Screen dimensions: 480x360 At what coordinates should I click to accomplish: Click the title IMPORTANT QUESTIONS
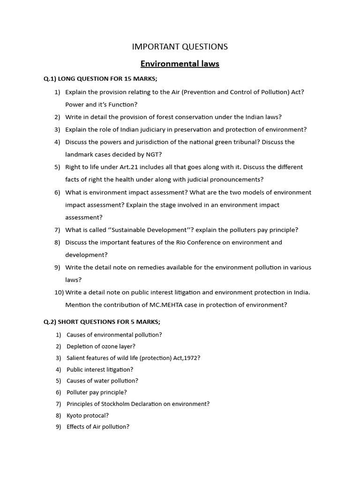pos(180,46)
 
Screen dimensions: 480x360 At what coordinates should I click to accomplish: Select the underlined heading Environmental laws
pos(180,64)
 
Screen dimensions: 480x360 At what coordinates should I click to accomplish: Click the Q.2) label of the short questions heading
pos(50,322)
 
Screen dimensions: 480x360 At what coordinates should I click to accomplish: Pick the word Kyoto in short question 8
pos(75,415)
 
